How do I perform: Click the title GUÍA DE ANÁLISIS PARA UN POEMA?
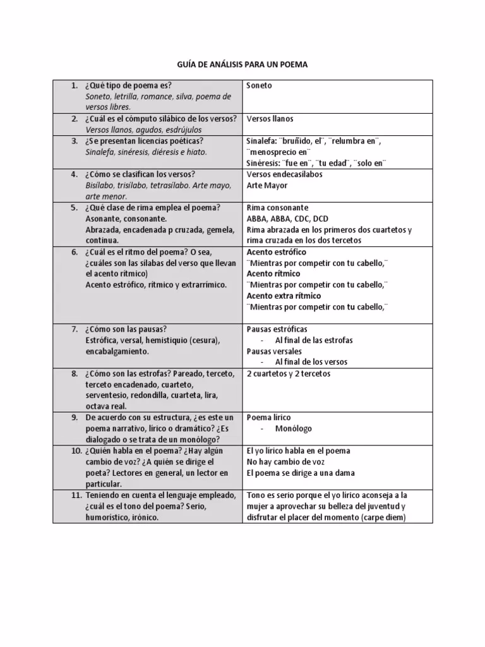point(242,64)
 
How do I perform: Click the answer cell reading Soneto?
point(259,85)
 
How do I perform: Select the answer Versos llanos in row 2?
point(270,119)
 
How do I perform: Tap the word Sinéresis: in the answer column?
point(265,163)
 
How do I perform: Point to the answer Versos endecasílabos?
point(284,174)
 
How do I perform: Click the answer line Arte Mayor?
point(266,185)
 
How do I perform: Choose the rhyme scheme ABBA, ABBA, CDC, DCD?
point(287,219)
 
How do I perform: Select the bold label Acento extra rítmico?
point(284,296)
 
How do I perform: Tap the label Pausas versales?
point(274,351)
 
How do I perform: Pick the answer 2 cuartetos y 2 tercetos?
point(288,373)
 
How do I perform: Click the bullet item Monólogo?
point(293,429)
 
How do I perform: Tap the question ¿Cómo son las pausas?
point(126,329)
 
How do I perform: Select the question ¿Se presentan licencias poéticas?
point(144,141)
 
